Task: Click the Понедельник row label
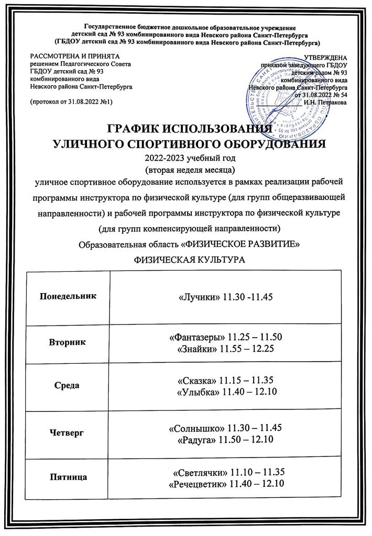(69, 296)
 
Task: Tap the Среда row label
(69, 386)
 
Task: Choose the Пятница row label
(69, 477)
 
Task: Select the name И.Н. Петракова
(326, 102)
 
